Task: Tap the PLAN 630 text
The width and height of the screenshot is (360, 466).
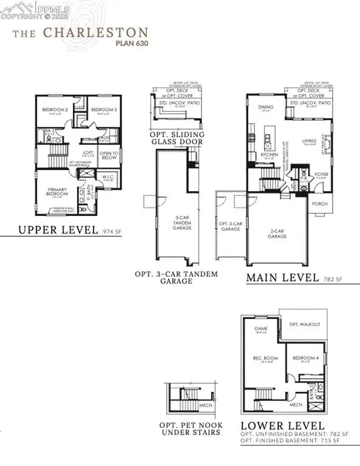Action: click(x=131, y=43)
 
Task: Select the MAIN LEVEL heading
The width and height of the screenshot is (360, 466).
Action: click(x=282, y=278)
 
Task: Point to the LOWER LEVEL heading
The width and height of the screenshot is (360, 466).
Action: click(x=282, y=426)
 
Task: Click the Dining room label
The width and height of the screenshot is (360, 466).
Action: click(x=264, y=108)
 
